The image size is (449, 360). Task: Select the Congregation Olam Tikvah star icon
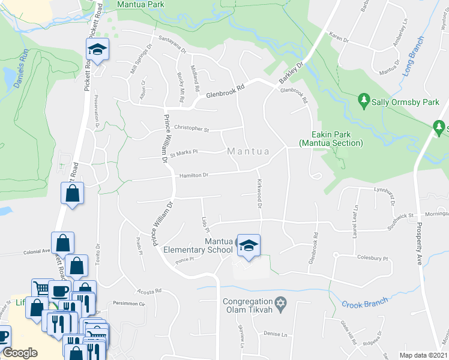[279, 302]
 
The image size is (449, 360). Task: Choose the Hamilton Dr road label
[193, 175]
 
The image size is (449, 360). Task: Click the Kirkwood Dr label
[260, 193]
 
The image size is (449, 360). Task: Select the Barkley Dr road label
[292, 73]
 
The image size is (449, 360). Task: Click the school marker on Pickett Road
[97, 50]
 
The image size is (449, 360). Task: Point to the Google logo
[20, 352]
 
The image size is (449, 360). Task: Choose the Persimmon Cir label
[133, 304]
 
